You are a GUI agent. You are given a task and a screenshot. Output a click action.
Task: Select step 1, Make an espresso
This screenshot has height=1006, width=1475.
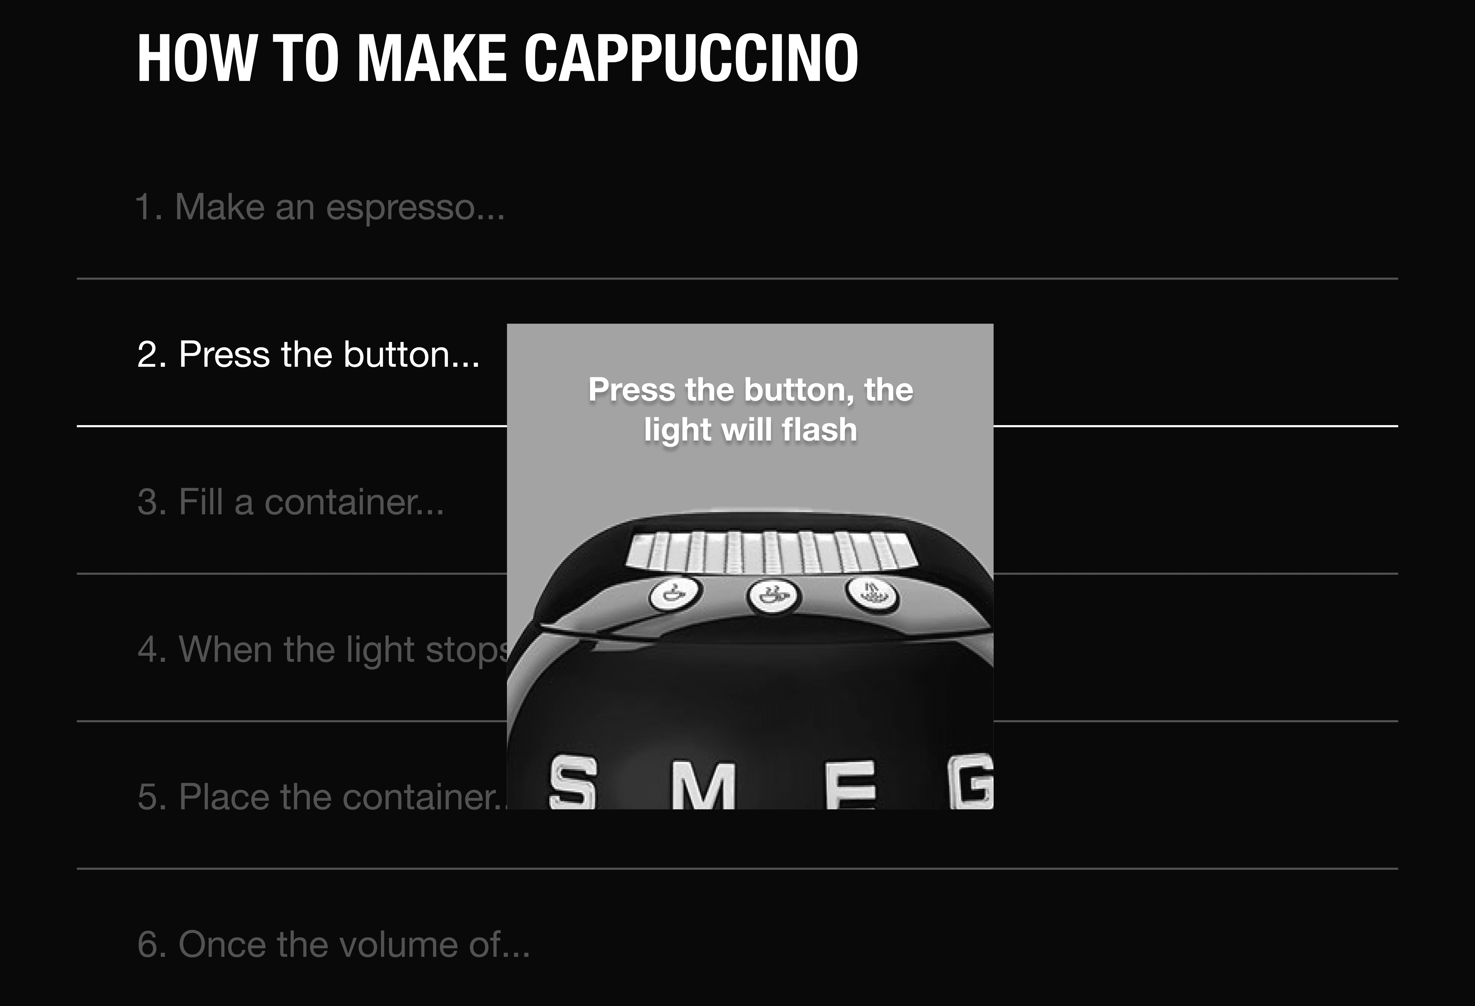[321, 207]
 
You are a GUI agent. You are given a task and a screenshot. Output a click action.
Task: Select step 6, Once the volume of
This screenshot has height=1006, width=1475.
[333, 945]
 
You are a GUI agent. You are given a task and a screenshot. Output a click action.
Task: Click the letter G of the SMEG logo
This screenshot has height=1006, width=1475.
[971, 781]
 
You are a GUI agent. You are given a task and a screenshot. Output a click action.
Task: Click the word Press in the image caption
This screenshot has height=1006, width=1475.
[632, 389]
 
